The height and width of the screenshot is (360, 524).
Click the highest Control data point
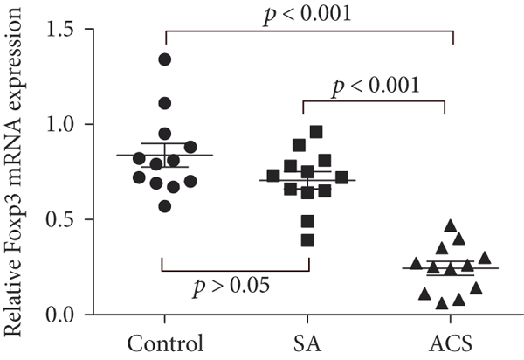[164, 59]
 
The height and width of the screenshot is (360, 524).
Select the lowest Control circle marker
[164, 205]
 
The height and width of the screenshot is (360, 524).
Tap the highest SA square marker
[316, 132]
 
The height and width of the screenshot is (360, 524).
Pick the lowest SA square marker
[307, 239]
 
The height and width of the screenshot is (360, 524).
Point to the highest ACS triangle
[451, 225]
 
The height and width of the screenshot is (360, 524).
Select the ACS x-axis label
[445, 341]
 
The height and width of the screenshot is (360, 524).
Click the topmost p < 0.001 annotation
[307, 12]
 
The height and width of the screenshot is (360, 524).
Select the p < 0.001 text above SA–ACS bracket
[376, 86]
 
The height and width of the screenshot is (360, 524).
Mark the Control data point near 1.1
[164, 103]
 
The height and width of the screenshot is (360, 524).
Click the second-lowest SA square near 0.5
[307, 219]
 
